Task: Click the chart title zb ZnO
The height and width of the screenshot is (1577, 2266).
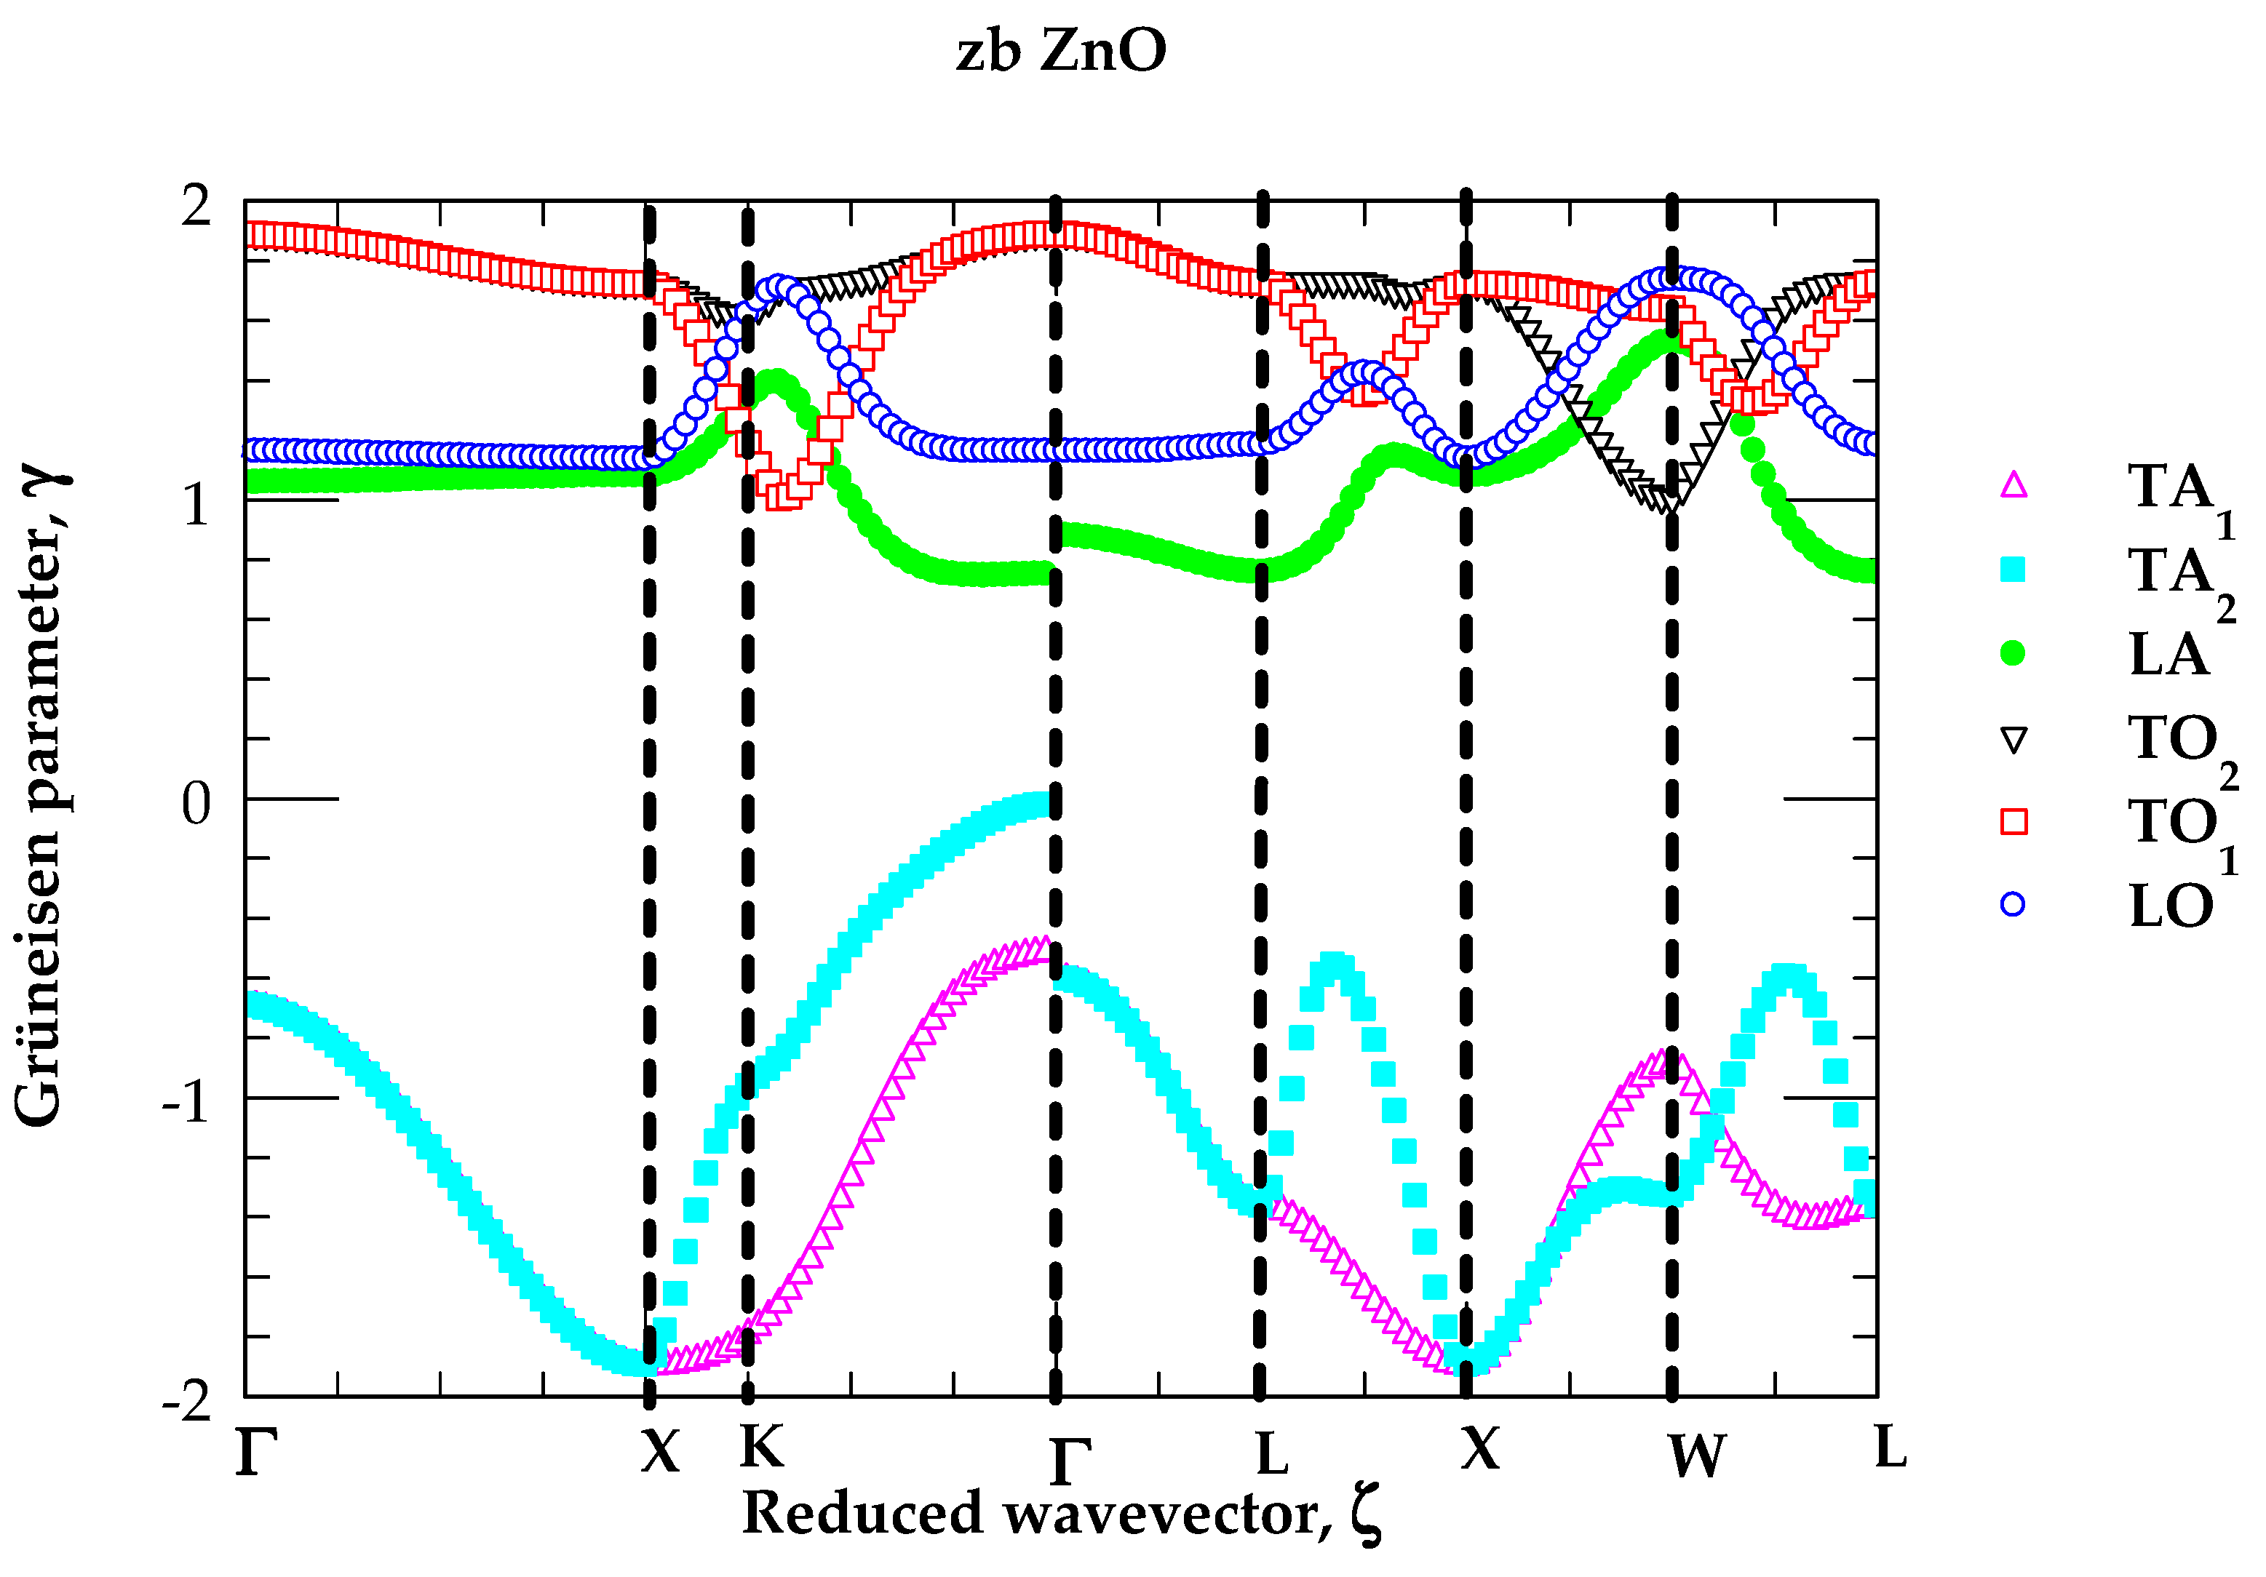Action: [x=1061, y=52]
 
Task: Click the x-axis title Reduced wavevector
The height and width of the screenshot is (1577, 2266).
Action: [x=1061, y=1513]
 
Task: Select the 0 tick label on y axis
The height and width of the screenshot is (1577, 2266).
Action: [x=196, y=803]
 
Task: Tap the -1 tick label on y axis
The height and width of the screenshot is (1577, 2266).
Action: [x=188, y=1101]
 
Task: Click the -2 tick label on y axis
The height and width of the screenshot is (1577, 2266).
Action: [x=188, y=1400]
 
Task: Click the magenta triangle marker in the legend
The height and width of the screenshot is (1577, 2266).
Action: [x=2012, y=484]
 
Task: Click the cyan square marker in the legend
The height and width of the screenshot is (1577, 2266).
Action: [x=2012, y=570]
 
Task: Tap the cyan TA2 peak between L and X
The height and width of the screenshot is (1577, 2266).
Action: [x=1335, y=965]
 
